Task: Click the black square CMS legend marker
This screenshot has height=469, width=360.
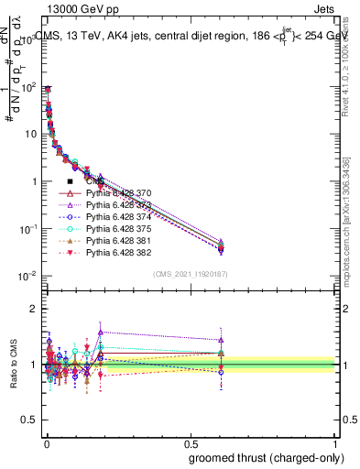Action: click(71, 182)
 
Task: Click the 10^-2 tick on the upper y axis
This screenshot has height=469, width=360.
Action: click(30, 276)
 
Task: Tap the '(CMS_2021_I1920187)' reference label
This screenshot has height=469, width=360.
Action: click(191, 273)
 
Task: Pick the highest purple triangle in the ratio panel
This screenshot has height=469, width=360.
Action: click(101, 332)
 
